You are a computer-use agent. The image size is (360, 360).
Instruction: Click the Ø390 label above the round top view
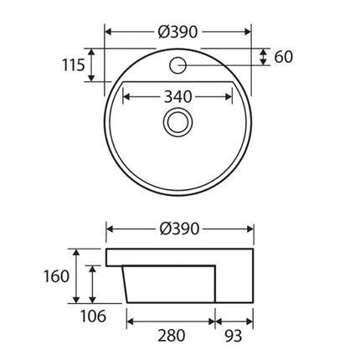177,32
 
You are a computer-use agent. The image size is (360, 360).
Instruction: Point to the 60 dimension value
283,57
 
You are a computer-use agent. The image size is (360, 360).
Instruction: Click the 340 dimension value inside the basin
177,97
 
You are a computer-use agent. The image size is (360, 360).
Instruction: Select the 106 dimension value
94,316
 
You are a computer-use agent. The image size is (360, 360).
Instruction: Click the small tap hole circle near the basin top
178,64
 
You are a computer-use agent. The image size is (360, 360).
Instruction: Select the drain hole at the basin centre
177,122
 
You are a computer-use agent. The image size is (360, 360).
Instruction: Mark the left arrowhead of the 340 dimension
127,97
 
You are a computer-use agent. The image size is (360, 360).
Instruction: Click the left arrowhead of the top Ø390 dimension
109,32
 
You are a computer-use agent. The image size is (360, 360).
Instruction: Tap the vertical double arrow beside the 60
264,57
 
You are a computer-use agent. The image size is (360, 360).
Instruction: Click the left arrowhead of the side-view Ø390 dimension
111,229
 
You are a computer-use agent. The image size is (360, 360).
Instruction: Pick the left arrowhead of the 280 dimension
131,319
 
